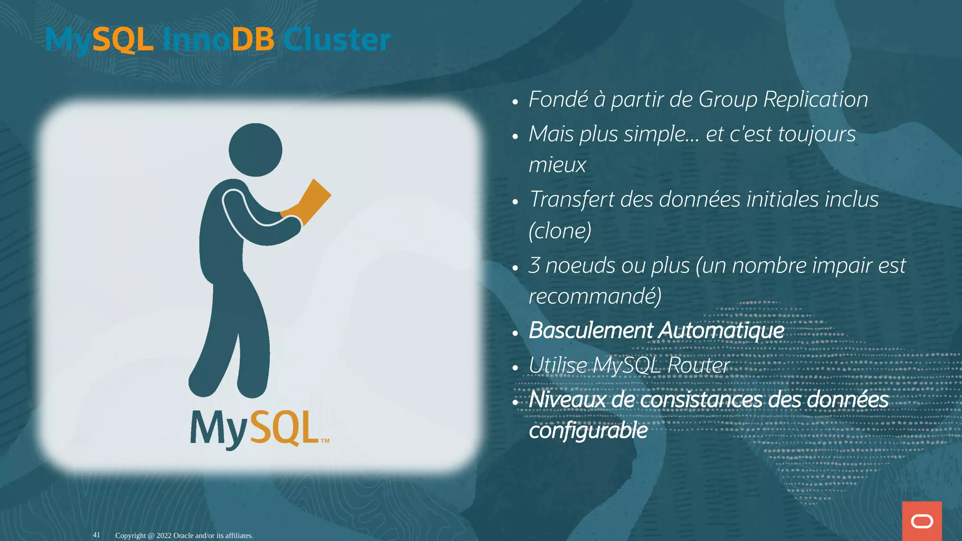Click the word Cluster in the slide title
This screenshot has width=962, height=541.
337,39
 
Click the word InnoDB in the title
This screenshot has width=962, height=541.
218,39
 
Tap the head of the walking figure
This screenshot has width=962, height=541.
256,150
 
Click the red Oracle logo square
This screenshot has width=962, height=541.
922,521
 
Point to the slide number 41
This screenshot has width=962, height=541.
96,535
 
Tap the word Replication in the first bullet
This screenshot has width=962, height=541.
815,100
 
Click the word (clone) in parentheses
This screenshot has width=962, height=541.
560,231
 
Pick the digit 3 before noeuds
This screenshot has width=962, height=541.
534,265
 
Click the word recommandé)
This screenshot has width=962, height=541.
595,296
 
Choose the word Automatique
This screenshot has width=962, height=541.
721,331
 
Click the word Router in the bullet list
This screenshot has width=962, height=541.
698,365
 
